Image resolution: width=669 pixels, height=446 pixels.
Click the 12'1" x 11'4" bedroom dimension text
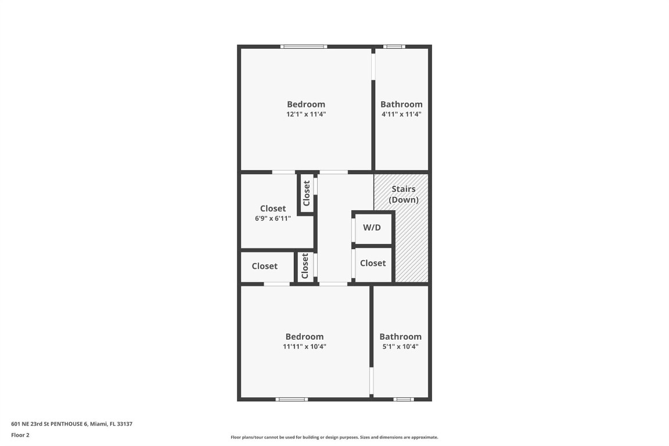pos(306,114)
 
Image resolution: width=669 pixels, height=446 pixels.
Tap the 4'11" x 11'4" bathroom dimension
pos(401,114)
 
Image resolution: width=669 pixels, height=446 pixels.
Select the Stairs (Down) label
pos(403,195)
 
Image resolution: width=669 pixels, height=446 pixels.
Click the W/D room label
pos(372,227)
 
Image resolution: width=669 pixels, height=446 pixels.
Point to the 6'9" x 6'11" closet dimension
pos(272,218)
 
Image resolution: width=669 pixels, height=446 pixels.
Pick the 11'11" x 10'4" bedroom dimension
pos(304,347)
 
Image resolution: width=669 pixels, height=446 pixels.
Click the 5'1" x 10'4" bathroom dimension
pos(400,347)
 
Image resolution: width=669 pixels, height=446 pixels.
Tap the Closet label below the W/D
pos(373,263)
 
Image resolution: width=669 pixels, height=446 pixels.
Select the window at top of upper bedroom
pos(304,46)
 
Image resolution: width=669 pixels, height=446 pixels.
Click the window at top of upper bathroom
pos(394,46)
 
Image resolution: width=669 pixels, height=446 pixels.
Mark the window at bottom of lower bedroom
pos(292,400)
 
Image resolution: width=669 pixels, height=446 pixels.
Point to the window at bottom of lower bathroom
pos(404,400)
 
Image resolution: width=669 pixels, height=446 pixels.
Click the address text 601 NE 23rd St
pos(72,424)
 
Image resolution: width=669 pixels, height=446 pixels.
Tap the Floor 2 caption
pos(20,435)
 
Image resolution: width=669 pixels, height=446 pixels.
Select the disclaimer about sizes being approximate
pos(334,437)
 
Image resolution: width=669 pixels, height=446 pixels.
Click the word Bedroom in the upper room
pos(306,105)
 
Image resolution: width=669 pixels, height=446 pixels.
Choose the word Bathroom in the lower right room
pos(400,337)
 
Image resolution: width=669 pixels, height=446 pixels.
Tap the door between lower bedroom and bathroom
pos(371,382)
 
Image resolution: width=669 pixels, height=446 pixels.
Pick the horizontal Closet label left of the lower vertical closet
pos(265,266)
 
